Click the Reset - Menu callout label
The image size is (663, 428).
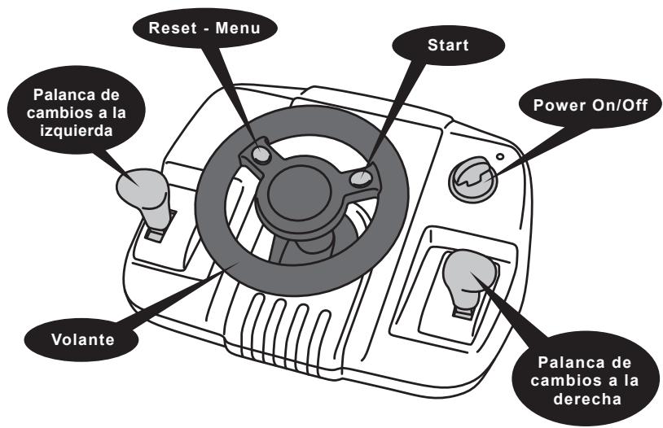(204, 28)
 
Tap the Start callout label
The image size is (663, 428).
(448, 46)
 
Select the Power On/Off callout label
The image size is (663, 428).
(591, 105)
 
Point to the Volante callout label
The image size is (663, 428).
(83, 339)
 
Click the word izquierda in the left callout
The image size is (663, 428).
(77, 130)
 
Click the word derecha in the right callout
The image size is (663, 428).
(587, 399)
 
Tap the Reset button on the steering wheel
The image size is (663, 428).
(261, 155)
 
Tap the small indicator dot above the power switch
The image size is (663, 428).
(500, 157)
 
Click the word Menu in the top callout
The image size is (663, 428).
(238, 28)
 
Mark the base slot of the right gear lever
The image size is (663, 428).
(463, 312)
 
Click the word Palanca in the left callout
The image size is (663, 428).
(61, 94)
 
